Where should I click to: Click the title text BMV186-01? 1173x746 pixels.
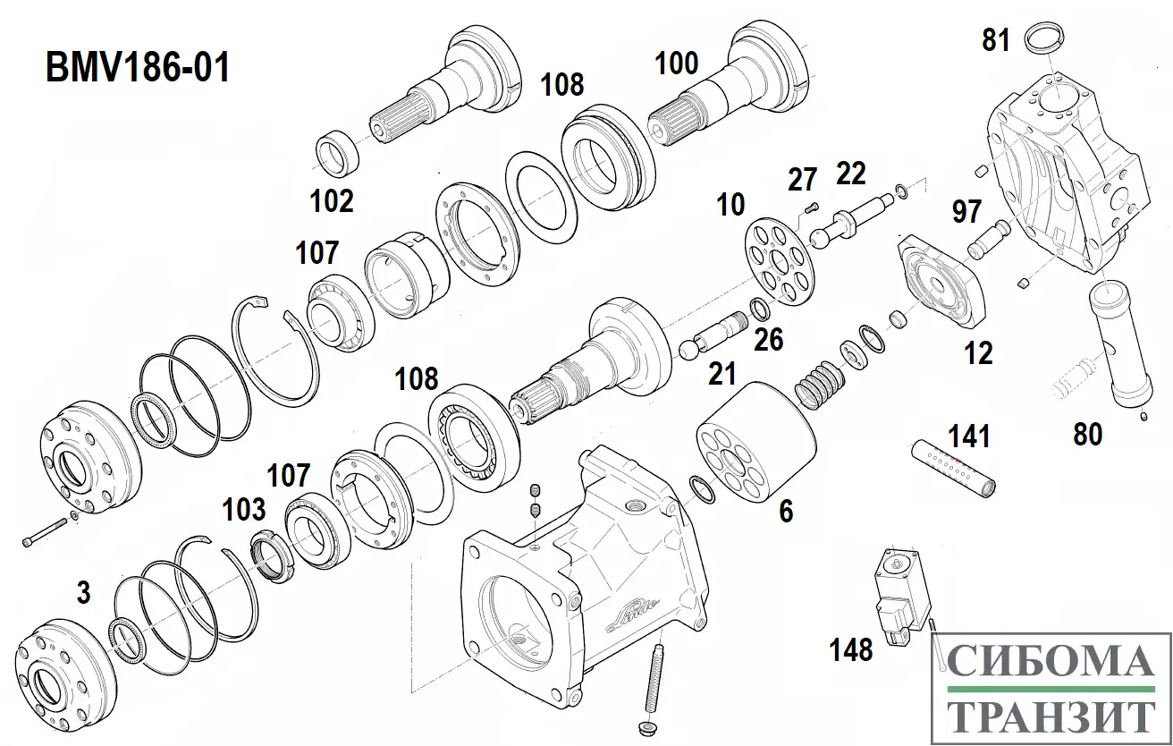click(x=138, y=67)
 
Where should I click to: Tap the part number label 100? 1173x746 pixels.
click(x=677, y=64)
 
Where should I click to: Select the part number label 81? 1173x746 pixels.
click(x=996, y=40)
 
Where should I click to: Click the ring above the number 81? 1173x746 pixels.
click(x=1043, y=39)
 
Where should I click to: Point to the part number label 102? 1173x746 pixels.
click(x=332, y=200)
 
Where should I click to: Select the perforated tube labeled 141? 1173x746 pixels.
click(x=954, y=465)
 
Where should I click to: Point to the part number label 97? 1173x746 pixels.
click(x=966, y=212)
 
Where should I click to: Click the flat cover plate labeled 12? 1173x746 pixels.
click(x=940, y=284)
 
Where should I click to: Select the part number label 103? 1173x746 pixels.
click(x=244, y=510)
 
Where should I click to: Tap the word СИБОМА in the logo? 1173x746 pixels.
click(x=1051, y=663)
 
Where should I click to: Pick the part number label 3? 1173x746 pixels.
click(x=83, y=592)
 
